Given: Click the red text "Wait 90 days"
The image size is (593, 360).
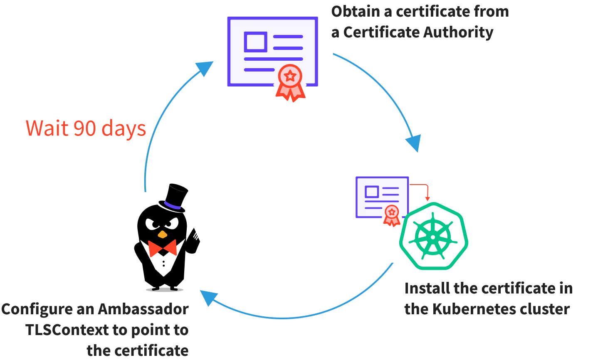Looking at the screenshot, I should pos(86,128).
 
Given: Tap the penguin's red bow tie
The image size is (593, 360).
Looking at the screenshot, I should pos(162,248).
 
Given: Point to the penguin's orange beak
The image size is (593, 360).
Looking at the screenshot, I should pos(162,234).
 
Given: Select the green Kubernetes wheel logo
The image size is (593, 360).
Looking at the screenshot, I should pos(433,236).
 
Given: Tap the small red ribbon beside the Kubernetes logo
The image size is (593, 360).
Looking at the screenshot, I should pos(391,215).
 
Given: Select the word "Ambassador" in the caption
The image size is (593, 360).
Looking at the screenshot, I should pos(143,309).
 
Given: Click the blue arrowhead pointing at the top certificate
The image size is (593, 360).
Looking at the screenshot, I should pos(205,68).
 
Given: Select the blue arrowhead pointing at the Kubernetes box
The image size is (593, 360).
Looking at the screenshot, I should pos(414,143).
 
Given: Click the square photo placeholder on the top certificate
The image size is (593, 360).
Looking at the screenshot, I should pos(255,42).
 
